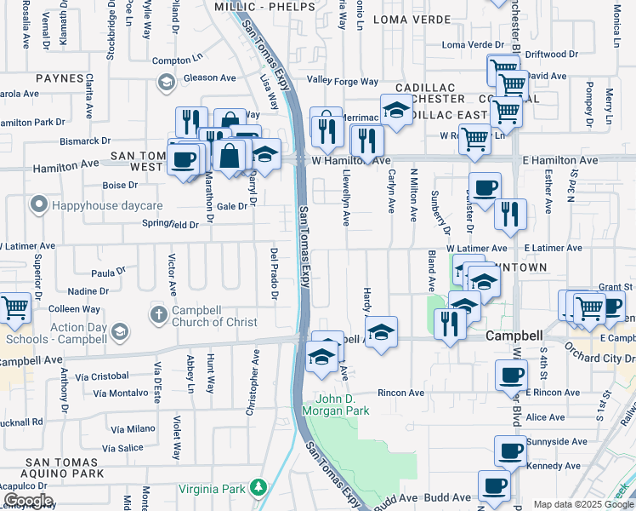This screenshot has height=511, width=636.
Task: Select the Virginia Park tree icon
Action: tap(256, 488)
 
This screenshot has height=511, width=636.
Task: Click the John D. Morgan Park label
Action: tap(343, 405)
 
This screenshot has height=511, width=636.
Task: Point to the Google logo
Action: tap(28, 501)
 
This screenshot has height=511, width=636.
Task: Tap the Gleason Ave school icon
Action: tap(166, 83)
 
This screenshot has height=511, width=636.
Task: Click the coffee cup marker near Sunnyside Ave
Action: tap(510, 451)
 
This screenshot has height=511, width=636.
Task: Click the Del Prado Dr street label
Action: tap(275, 274)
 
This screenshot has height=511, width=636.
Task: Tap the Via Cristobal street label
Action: tap(101, 376)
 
